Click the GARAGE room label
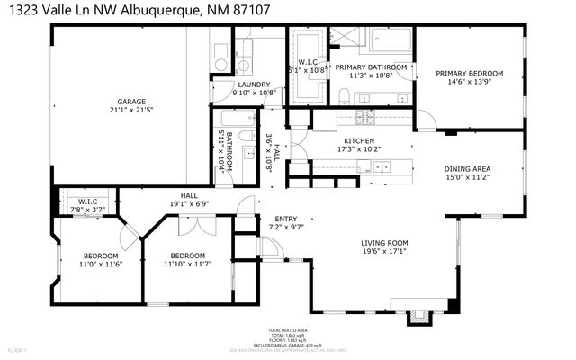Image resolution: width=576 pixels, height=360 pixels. click(130, 102)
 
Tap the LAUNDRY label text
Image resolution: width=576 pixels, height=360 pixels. click(254, 85)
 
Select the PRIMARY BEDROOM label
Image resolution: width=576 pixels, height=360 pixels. click(469, 74)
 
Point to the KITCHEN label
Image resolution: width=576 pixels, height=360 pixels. click(357, 140)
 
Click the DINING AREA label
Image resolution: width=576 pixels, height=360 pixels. click(467, 168)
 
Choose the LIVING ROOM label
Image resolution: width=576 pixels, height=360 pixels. click(384, 242)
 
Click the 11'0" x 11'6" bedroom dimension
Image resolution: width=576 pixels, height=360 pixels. click(100, 264)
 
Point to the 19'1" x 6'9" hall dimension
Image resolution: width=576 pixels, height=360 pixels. click(188, 203)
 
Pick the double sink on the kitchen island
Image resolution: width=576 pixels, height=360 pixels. click(382, 166)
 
